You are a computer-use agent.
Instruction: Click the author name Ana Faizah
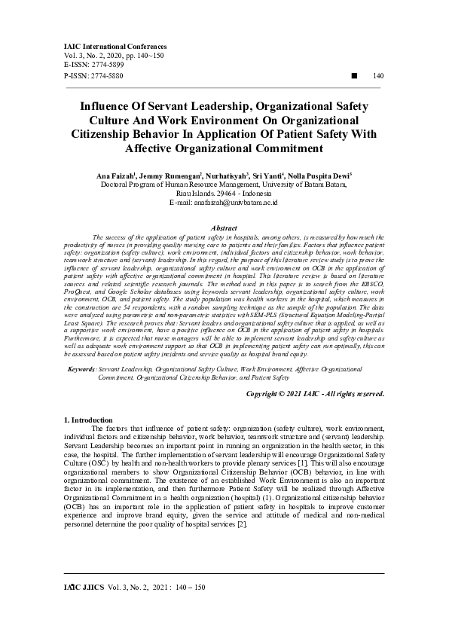pos(117,176)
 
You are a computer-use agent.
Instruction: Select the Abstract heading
pos(225,227)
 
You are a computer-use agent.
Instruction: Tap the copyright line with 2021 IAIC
pos(316,393)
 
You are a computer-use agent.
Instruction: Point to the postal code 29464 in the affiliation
pos(228,194)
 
